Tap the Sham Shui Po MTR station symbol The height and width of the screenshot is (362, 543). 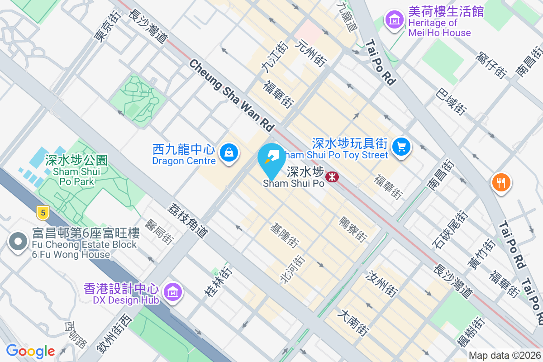click(332, 176)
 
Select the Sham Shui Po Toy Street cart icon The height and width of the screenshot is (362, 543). click(401, 147)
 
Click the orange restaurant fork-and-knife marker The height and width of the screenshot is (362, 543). click(501, 183)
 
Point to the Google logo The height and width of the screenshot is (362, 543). click(30, 351)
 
